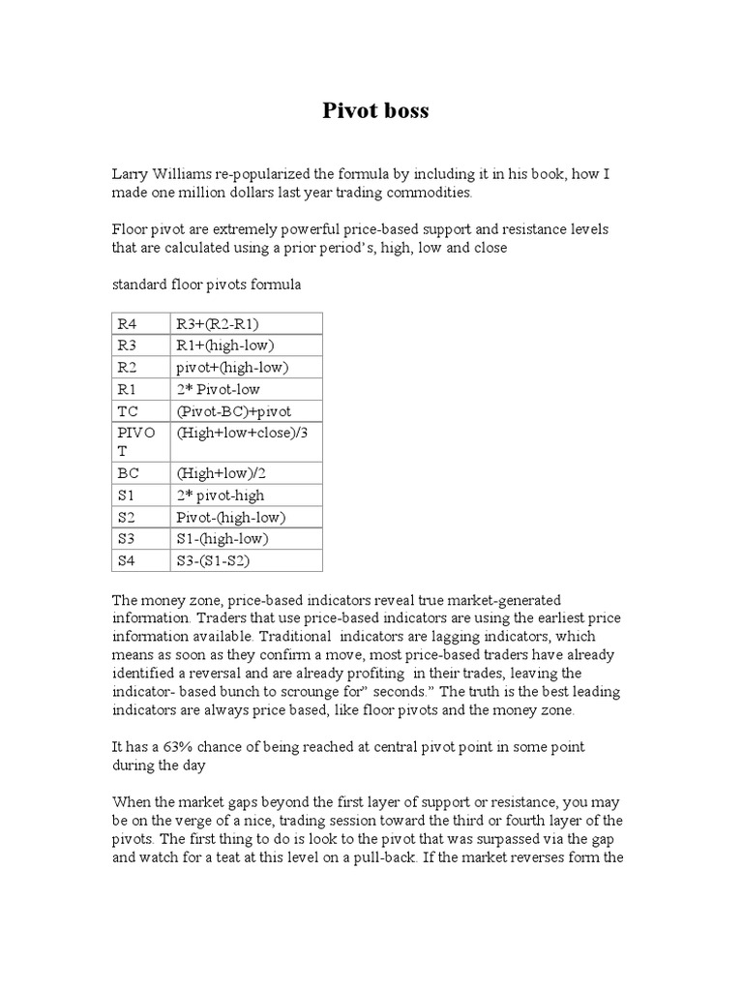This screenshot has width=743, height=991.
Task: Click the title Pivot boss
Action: [x=374, y=111]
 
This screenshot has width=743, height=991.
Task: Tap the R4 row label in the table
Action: [x=129, y=324]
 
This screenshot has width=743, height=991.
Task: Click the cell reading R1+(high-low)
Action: [x=225, y=345]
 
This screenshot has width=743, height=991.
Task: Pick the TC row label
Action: [x=128, y=410]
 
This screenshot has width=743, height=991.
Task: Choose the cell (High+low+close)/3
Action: [x=241, y=432]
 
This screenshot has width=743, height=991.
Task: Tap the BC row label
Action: [x=128, y=474]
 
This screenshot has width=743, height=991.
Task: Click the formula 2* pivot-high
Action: [x=220, y=495]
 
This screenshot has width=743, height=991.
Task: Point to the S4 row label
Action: [x=128, y=559]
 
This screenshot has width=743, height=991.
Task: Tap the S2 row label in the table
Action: [x=128, y=517]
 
